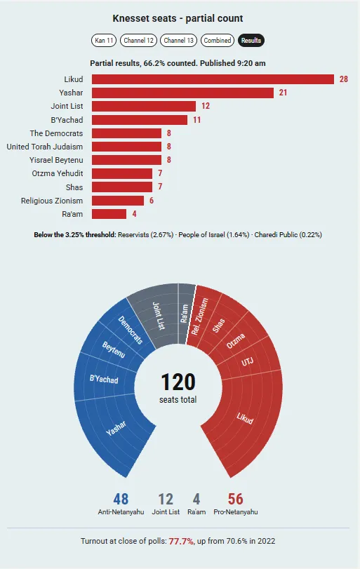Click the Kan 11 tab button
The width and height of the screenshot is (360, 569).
coord(104,40)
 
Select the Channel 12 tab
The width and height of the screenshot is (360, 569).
coord(139,40)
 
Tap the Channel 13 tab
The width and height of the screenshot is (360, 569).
coord(178,40)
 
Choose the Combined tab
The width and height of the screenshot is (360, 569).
coord(217,40)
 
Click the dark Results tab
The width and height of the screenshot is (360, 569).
coord(251,40)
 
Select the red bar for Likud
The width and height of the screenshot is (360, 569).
coord(213,79)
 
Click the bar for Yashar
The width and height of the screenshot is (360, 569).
coord(182,93)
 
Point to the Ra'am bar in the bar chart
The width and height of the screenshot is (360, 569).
coord(109,214)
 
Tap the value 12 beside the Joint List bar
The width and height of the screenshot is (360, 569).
coord(206,106)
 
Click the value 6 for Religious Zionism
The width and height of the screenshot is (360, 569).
coord(152,201)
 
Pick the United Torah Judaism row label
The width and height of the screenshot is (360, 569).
coord(45,147)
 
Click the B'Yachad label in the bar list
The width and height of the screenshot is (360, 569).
coord(67,120)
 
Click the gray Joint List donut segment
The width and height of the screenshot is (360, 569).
coord(156,315)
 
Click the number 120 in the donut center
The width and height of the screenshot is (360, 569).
coord(178,382)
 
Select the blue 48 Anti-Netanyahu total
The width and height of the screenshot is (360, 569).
coord(121,499)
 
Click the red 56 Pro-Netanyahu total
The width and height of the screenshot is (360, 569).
coord(236,499)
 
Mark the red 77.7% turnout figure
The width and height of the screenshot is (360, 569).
coord(181,541)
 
